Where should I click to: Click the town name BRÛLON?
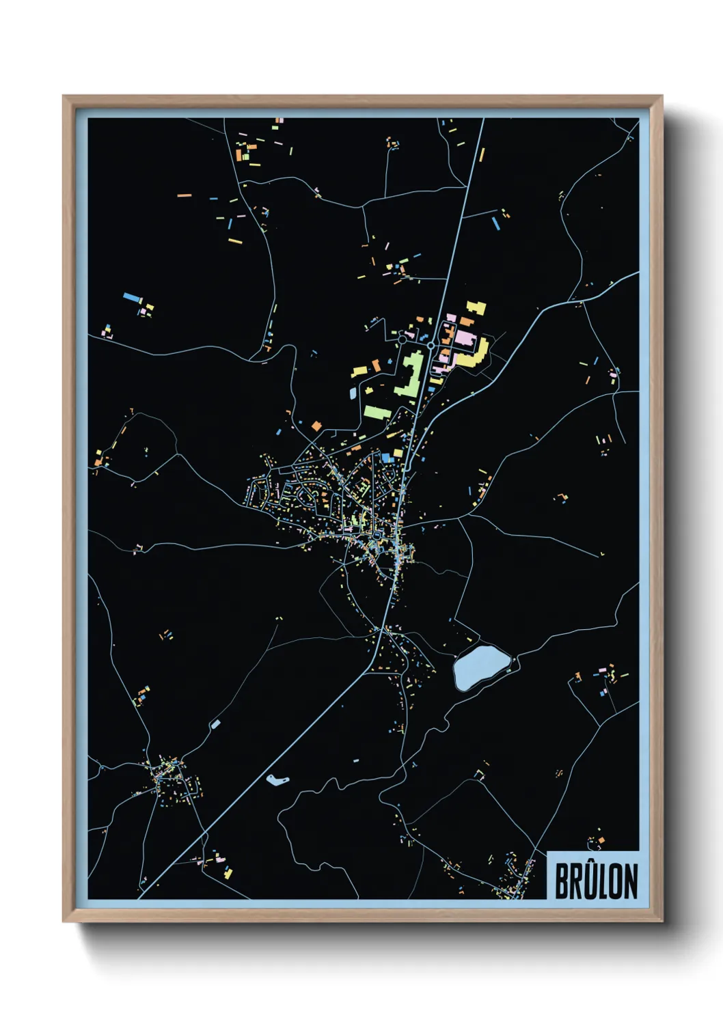(595, 881)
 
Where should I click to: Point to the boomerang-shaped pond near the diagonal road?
(277, 779)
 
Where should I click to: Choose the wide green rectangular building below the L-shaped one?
(377, 412)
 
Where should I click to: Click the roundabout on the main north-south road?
(431, 346)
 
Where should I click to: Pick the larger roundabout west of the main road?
(402, 338)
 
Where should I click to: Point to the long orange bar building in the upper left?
(185, 195)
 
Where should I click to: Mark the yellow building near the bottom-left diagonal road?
(228, 872)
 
